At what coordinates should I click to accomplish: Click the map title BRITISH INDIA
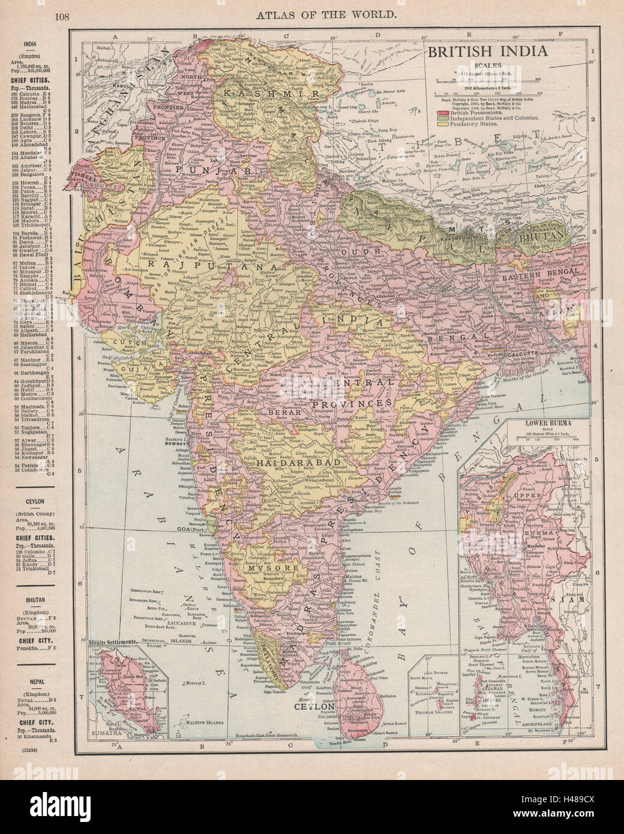(487, 51)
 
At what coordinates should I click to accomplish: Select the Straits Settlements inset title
(113, 642)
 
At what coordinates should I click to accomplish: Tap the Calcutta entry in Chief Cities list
(38, 94)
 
